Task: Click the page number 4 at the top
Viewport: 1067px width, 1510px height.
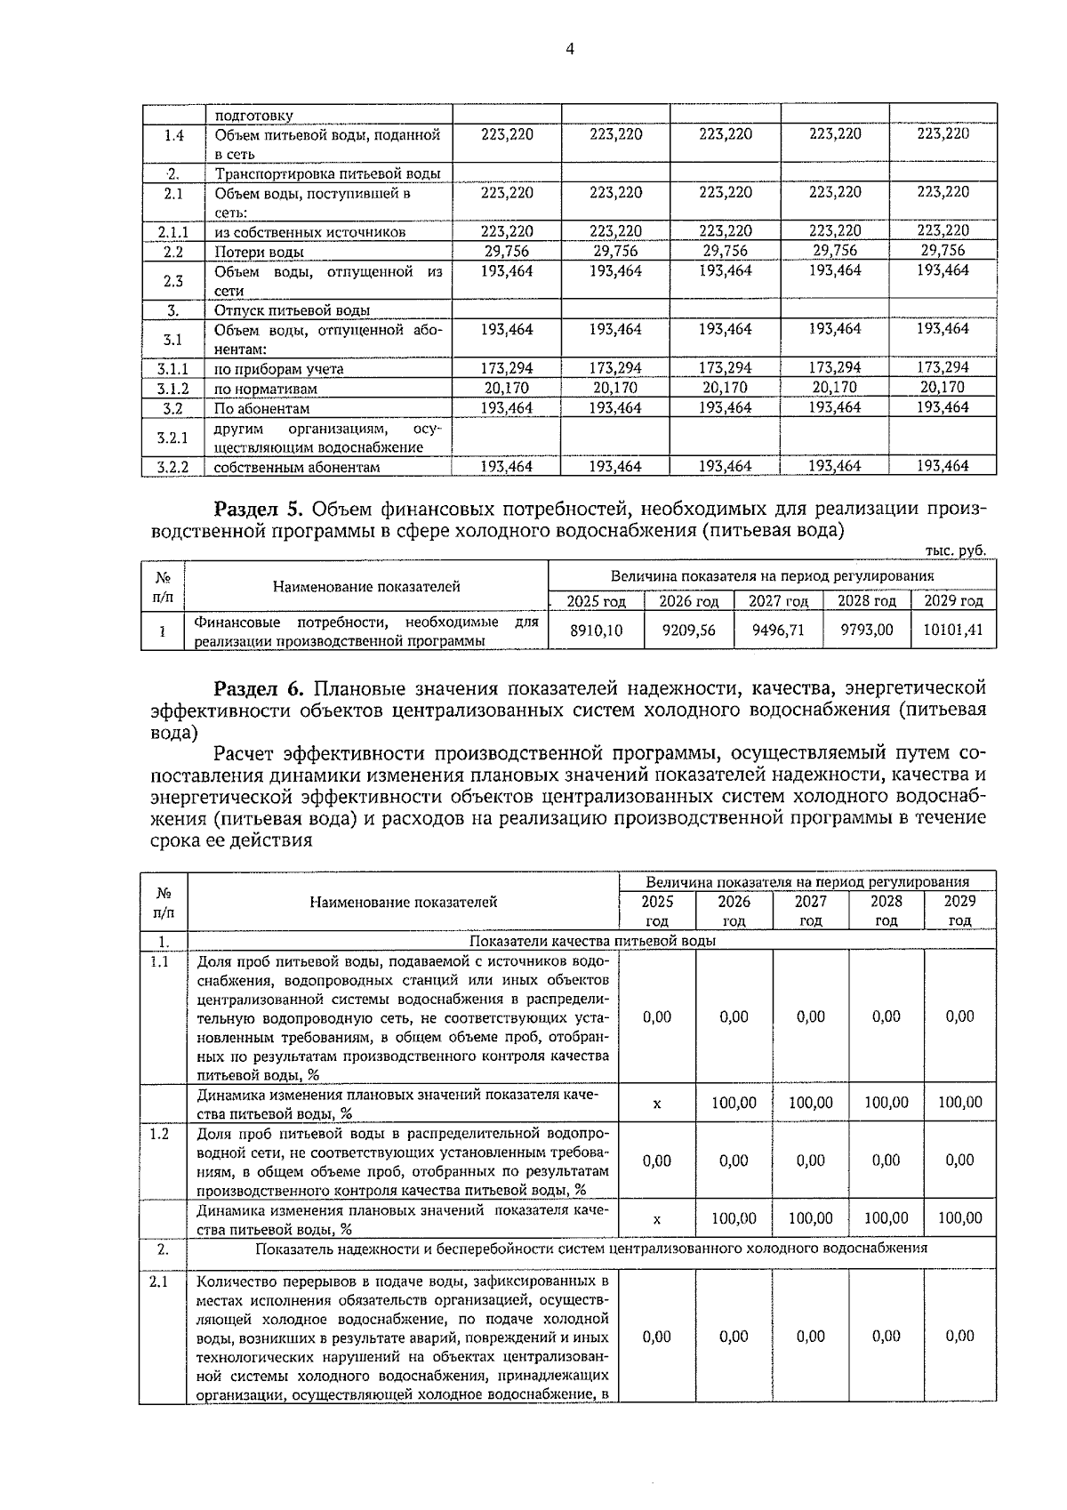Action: pos(569,51)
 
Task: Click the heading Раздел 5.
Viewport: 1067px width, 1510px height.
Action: pos(259,510)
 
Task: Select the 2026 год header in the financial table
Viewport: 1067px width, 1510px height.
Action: pos(688,601)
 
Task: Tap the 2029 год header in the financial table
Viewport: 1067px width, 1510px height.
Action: pos(953,601)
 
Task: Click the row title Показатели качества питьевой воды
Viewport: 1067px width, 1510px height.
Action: pos(593,941)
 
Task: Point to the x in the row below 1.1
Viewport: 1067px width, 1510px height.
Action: pos(656,1104)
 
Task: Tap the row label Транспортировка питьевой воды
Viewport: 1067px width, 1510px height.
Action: pos(327,174)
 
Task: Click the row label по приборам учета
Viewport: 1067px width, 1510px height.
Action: pos(278,369)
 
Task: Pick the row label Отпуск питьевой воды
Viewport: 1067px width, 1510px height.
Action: pos(292,310)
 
